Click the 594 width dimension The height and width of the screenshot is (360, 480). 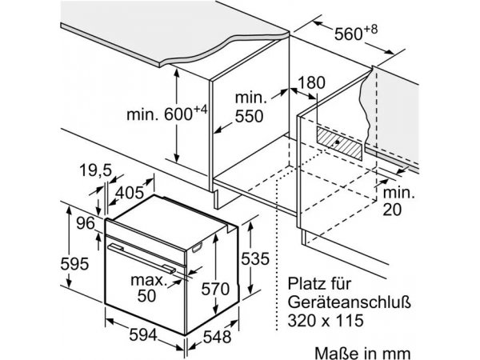(x=143, y=334)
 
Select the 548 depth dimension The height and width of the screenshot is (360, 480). (x=217, y=337)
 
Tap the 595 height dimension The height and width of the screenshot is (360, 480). (x=74, y=263)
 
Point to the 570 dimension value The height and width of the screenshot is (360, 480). (x=215, y=289)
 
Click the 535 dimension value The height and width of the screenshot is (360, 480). (x=255, y=258)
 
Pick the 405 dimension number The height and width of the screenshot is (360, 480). (x=130, y=192)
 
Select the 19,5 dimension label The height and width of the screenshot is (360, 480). (x=95, y=170)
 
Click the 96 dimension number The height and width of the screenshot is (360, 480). (x=86, y=223)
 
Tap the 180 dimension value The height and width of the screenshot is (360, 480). (x=311, y=82)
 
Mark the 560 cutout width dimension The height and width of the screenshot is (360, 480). (x=356, y=33)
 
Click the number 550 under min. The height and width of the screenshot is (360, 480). (x=249, y=116)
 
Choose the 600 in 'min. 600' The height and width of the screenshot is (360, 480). (x=178, y=114)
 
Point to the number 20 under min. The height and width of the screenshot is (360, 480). (x=392, y=210)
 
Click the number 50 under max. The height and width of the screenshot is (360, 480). (x=146, y=295)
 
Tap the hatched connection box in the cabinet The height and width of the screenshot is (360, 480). (x=339, y=143)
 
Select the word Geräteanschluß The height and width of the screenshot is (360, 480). (x=349, y=302)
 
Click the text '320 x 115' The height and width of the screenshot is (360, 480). (x=326, y=321)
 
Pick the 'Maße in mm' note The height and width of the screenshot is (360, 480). (x=362, y=353)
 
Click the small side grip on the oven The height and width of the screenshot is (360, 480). (x=197, y=248)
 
